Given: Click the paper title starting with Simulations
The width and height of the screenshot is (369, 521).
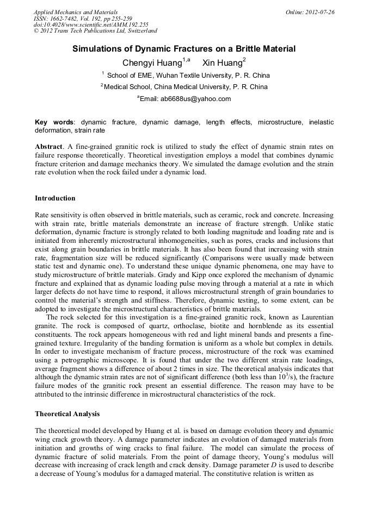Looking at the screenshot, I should click(184, 49).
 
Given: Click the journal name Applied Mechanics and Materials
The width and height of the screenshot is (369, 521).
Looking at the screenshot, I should click(75, 12).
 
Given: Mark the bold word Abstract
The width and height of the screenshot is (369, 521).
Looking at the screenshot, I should click(48, 147).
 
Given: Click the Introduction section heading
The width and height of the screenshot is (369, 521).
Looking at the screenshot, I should click(55, 198).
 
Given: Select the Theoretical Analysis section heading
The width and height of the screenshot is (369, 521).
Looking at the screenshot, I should click(67, 414).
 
